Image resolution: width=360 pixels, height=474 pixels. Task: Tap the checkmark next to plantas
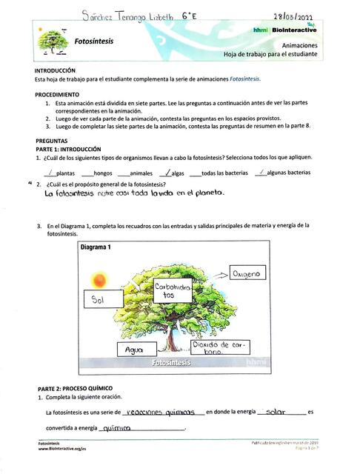coord(50,172)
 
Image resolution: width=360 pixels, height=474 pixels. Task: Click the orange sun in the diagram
coord(99,278)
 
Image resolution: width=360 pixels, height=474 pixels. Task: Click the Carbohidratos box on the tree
coord(173,290)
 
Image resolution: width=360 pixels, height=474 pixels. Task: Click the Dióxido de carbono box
coord(219,347)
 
